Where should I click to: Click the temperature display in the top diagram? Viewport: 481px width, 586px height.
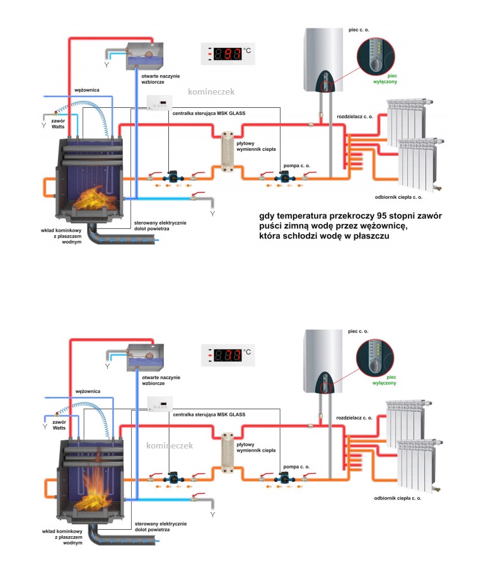pyautogui.click(x=228, y=55)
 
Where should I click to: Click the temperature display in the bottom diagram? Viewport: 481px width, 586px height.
pyautogui.click(x=228, y=355)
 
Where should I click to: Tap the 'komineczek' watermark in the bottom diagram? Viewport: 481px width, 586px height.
pyautogui.click(x=168, y=446)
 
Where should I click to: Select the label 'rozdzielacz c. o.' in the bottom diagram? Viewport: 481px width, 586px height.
pyautogui.click(x=354, y=418)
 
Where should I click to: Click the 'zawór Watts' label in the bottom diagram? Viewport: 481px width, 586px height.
pyautogui.click(x=59, y=424)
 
